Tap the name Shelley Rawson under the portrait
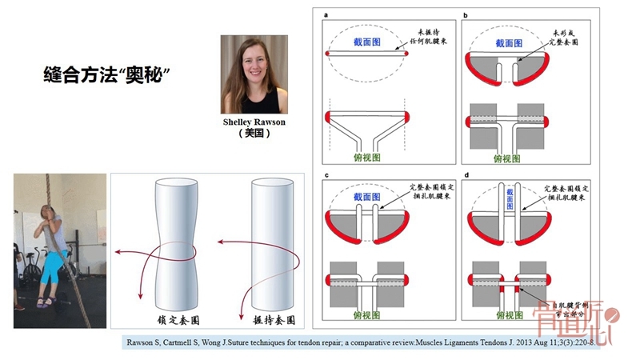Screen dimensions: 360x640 (254, 122)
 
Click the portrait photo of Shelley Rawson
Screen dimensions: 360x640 (254, 74)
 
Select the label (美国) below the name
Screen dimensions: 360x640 (254, 134)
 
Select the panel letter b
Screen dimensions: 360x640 (466, 15)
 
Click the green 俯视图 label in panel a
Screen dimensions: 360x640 (367, 157)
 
